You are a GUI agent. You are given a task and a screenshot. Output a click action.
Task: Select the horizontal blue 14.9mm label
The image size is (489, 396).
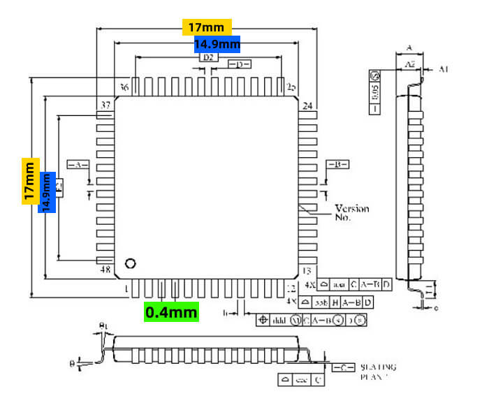tap(217, 44)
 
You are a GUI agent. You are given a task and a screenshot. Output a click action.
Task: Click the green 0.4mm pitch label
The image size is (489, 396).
tap(171, 311)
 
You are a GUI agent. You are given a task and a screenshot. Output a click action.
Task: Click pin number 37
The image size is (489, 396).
tap(106, 105)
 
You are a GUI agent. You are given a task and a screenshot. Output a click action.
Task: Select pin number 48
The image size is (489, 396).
tap(106, 270)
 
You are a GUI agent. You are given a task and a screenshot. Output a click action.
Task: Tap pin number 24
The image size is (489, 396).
tap(307, 106)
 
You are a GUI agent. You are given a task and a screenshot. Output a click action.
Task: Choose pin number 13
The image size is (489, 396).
tap(305, 270)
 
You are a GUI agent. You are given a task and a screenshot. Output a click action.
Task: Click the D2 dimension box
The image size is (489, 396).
tap(207, 58)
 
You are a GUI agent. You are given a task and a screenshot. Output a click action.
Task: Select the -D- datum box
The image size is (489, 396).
tap(240, 65)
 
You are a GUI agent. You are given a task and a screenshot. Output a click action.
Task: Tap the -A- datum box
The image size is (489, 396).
tap(77, 164)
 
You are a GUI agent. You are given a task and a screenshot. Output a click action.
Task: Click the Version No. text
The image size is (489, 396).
tap(351, 212)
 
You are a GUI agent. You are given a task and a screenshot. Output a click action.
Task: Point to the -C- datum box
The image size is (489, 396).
tap(342, 367)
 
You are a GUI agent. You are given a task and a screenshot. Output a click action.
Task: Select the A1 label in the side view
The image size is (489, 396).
tap(444, 68)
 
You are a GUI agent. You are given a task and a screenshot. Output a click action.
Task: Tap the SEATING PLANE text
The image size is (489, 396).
tap(377, 372)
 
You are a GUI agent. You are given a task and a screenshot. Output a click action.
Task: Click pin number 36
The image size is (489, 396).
tap(124, 87)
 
